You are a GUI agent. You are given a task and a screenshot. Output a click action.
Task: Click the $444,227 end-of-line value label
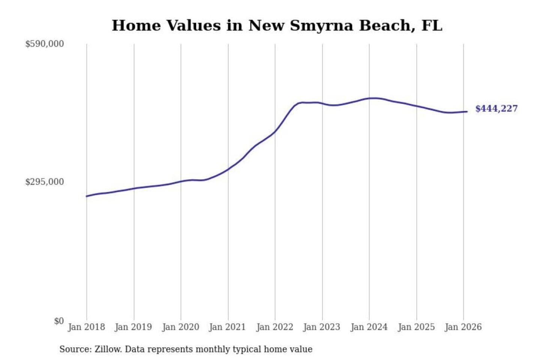coord(496,109)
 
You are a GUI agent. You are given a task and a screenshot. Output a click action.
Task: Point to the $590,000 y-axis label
coord(45,44)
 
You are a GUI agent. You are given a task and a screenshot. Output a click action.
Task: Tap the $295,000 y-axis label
coord(45,182)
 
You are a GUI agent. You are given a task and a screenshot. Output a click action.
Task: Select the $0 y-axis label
coord(58,321)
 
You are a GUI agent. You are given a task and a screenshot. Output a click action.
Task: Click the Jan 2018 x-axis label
coord(86,327)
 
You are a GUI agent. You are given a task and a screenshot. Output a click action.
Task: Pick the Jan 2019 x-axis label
coord(133,327)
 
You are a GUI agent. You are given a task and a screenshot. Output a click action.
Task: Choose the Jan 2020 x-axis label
coord(180,327)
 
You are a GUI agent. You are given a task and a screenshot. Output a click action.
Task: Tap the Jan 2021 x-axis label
coord(227,327)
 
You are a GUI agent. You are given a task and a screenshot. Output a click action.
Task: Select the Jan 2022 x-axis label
coord(274,327)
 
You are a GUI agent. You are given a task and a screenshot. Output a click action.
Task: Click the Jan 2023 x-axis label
coord(321,327)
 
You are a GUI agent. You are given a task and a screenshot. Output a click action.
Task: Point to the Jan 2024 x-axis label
coord(369,327)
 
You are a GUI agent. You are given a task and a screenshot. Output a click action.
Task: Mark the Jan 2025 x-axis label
coord(416,327)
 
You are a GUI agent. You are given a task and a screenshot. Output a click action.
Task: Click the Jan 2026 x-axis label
coord(463,327)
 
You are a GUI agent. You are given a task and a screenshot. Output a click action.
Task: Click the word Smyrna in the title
coord(321,26)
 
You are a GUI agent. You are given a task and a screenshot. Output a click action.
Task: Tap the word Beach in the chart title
coord(387,26)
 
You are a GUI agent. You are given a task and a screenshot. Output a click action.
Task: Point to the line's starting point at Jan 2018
coord(87,196)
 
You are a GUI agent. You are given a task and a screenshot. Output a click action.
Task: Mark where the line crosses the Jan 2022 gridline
coord(275,131)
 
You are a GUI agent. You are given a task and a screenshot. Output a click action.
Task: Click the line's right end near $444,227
coord(467,111)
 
